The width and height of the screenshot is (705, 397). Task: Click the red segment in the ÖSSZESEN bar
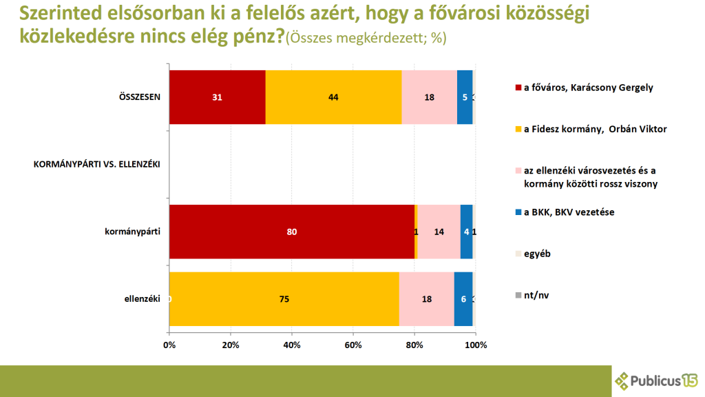pyautogui.click(x=217, y=97)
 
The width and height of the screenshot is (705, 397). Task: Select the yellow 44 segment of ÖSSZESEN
pyautogui.click(x=333, y=97)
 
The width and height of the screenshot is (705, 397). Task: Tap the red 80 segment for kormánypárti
pyautogui.click(x=291, y=232)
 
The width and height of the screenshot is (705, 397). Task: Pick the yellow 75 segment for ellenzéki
pyautogui.click(x=284, y=299)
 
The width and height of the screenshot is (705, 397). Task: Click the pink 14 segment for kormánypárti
pyautogui.click(x=439, y=232)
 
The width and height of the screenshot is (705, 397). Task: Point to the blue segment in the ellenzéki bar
pyautogui.click(x=463, y=299)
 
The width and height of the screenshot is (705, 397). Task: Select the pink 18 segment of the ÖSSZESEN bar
pyautogui.click(x=429, y=97)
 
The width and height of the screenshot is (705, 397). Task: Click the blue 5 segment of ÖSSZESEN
pyautogui.click(x=465, y=97)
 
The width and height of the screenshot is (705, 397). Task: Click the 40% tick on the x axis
pyautogui.click(x=292, y=345)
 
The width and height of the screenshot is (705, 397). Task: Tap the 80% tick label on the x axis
pyautogui.click(x=414, y=345)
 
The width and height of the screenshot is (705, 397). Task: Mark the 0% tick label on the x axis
pyautogui.click(x=169, y=345)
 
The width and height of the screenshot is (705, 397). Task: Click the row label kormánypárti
pyautogui.click(x=137, y=232)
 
